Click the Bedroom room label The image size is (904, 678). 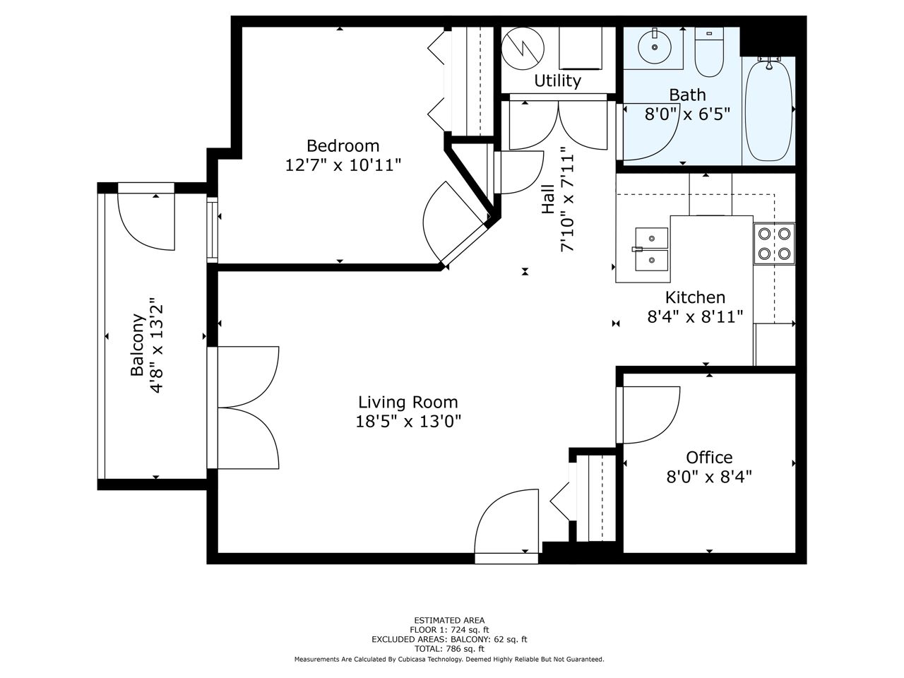coord(343,146)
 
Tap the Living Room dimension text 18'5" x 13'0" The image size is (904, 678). coord(408,422)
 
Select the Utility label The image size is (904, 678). coord(557,81)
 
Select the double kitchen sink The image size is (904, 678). coord(652,249)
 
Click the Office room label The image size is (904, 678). coord(709,458)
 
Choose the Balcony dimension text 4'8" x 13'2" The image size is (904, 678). coord(157,345)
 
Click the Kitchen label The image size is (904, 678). coord(695,297)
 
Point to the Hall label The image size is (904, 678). coord(548,199)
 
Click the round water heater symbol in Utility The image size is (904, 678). coord(523,49)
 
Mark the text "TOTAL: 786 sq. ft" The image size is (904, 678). coord(449,649)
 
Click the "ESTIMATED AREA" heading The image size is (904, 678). coord(449,620)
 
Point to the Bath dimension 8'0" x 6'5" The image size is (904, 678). coord(687,114)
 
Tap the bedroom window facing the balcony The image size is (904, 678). coord(212,230)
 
